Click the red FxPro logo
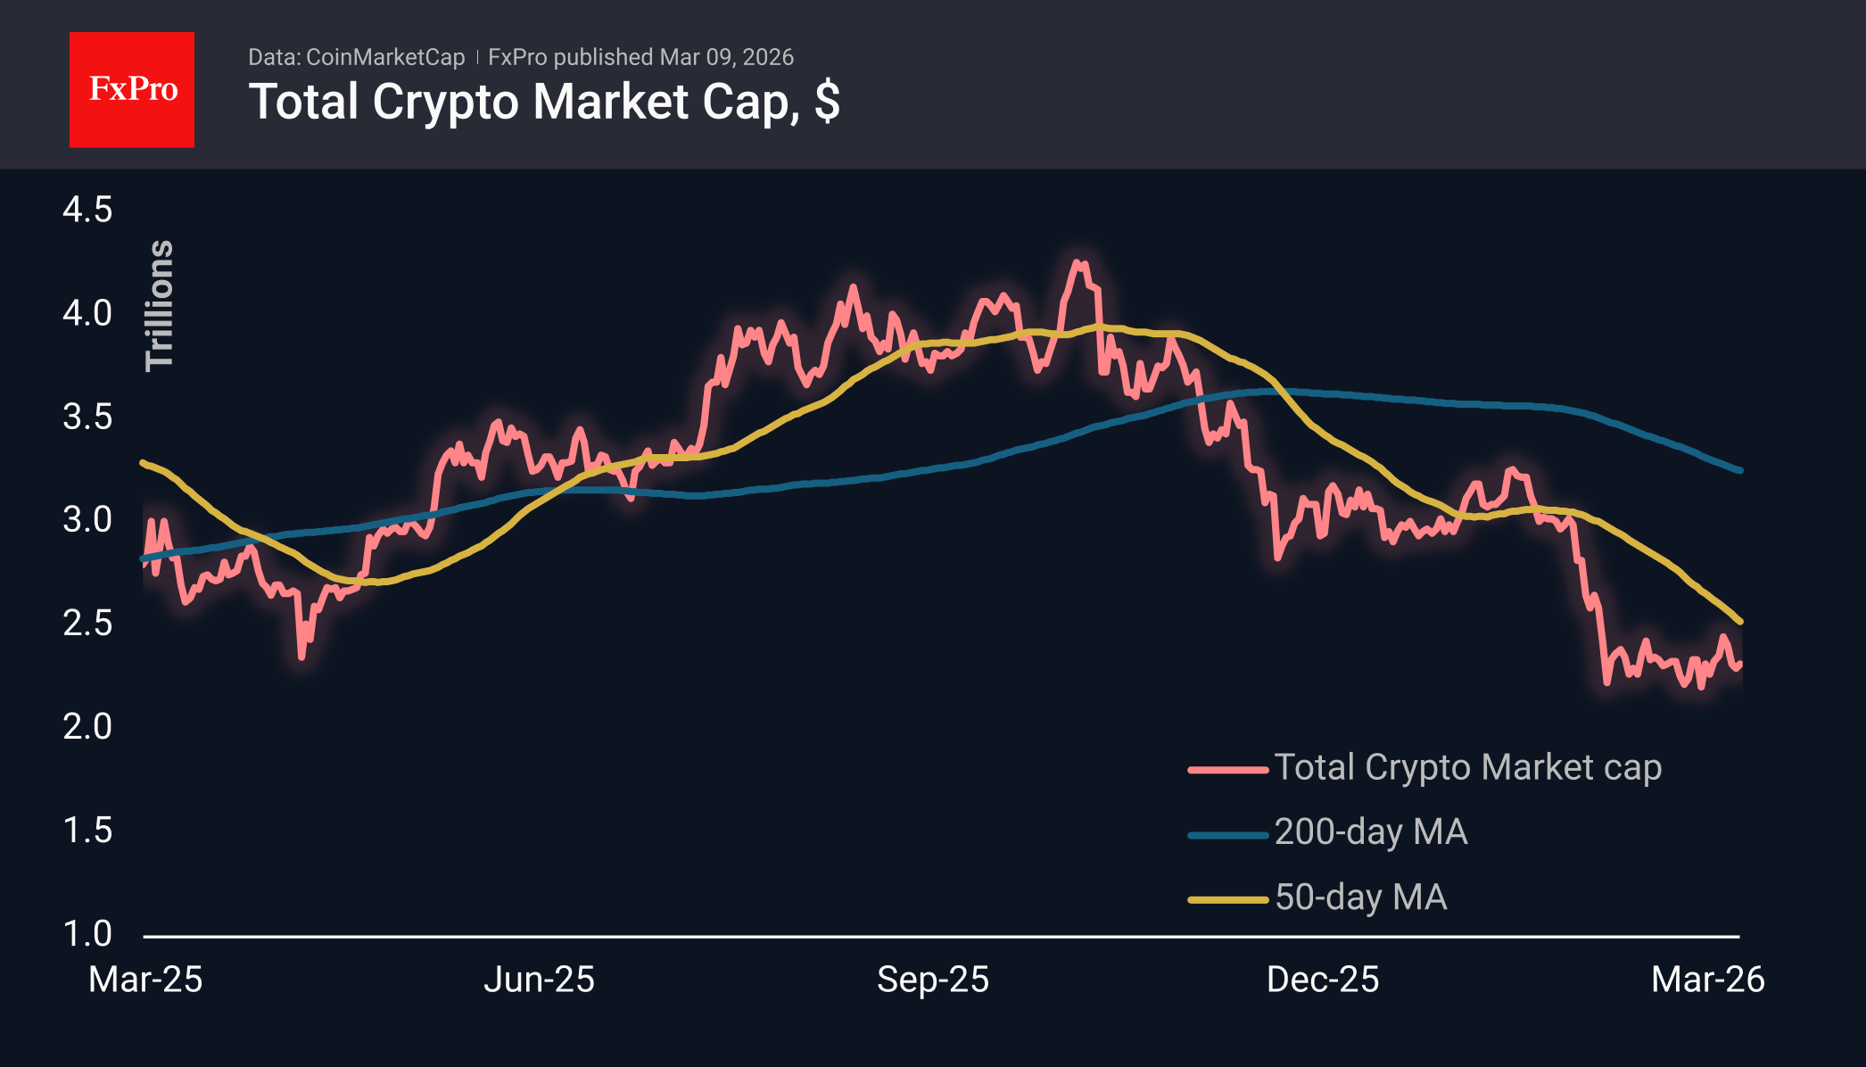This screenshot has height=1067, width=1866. [x=132, y=89]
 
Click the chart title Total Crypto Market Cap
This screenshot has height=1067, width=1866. [x=543, y=102]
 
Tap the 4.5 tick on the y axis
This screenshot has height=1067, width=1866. [x=87, y=211]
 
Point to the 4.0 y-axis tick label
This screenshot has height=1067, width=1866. [x=87, y=314]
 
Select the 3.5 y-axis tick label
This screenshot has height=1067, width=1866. [x=87, y=418]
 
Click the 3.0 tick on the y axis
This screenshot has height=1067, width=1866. [x=87, y=520]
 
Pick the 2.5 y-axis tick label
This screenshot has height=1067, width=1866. [x=87, y=624]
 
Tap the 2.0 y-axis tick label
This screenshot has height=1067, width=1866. [x=87, y=727]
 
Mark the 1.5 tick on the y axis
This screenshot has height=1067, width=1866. [x=87, y=831]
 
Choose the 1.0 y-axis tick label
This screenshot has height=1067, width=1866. [x=87, y=934]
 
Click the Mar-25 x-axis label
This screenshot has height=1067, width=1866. [x=145, y=980]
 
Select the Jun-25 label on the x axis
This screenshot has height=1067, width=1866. [x=539, y=980]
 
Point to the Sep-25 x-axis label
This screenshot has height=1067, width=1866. [x=933, y=980]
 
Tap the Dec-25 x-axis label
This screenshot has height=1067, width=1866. [x=1323, y=980]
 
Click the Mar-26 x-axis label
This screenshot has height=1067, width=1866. [x=1707, y=980]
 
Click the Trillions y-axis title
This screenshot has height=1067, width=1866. [x=160, y=305]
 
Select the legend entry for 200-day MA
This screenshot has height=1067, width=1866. [x=1370, y=832]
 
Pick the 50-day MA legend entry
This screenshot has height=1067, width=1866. [x=1360, y=897]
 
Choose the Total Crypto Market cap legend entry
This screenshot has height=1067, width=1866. [x=1467, y=767]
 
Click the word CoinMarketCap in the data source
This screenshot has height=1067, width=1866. [x=385, y=58]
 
